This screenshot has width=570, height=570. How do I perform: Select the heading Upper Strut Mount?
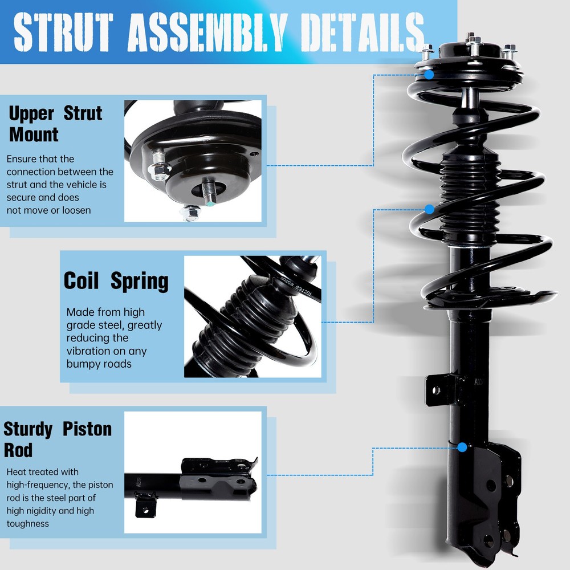(x=55, y=124)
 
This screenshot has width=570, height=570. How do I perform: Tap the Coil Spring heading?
(x=116, y=281)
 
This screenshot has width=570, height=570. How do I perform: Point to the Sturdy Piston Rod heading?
(x=58, y=439)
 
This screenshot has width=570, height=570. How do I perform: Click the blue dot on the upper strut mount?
(x=429, y=74)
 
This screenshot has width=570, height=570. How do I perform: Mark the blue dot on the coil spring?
(x=429, y=209)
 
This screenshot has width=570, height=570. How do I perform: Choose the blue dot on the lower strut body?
(x=462, y=447)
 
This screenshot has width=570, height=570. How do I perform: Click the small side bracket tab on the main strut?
(x=437, y=390)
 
